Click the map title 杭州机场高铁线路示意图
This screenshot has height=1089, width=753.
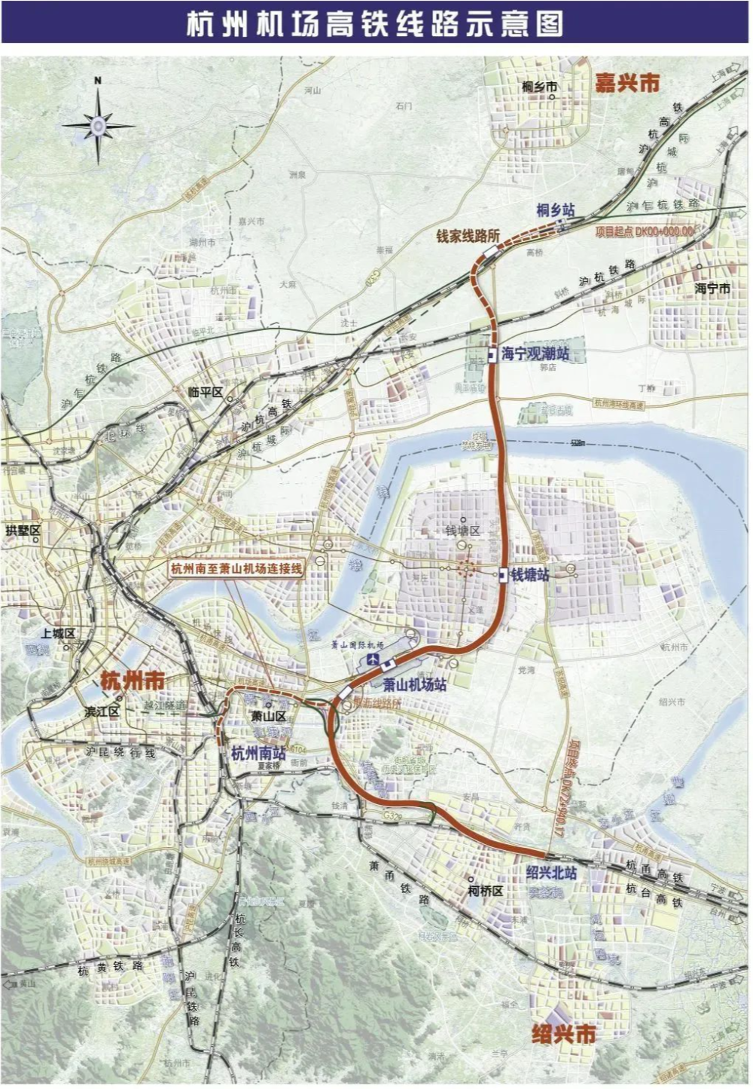coord(374,23)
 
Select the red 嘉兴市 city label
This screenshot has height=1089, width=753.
coord(626,82)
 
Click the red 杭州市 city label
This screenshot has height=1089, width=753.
coord(133,681)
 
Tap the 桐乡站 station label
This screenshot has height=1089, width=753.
coord(556,209)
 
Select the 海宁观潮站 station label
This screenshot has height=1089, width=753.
coord(535,353)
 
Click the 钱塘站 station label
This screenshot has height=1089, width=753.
coord(530,575)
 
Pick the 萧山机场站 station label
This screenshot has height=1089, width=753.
coord(414,685)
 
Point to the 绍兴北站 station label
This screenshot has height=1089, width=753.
coord(551,873)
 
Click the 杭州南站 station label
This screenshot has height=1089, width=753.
coord(258,752)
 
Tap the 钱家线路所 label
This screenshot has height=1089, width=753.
coord(468,236)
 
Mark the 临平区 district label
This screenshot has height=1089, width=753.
coord(206,392)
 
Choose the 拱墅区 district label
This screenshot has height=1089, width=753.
coord(22,531)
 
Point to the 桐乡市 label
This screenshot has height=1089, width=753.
coord(540,87)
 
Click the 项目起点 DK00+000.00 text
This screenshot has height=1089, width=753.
coord(645,231)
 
